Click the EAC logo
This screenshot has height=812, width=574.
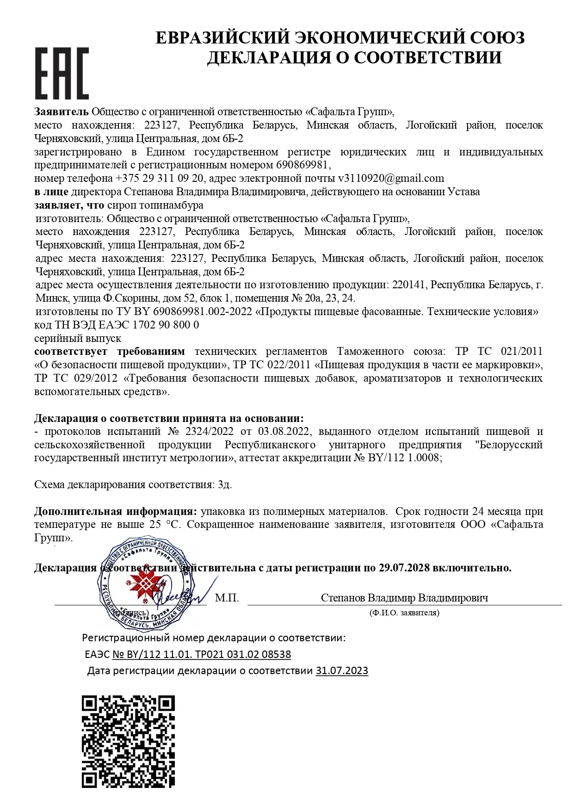[x=62, y=73]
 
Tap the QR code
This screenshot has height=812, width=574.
[x=128, y=741]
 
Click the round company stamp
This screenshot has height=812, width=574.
[x=145, y=583]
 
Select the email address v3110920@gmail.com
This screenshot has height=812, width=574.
[x=391, y=179]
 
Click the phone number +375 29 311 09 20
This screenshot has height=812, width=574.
[x=159, y=179]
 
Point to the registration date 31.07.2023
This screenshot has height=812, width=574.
[x=342, y=671]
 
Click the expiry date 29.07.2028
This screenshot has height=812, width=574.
[x=404, y=568]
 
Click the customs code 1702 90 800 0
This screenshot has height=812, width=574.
[x=166, y=325]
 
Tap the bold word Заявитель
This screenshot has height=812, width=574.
[x=61, y=112]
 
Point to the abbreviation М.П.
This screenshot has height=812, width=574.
[x=227, y=598]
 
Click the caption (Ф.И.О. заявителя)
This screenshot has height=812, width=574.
[x=404, y=613]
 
